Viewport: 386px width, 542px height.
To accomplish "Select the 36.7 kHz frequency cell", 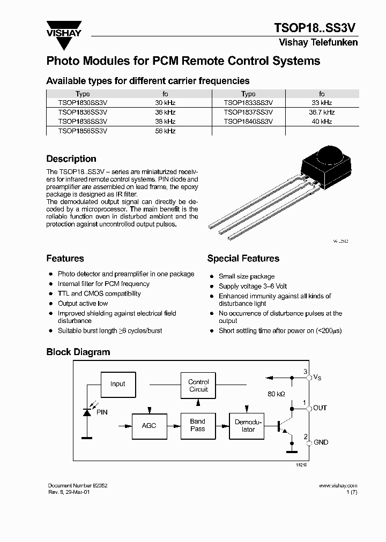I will coord(322,112).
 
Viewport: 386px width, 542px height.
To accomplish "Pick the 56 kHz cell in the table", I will coord(166,131).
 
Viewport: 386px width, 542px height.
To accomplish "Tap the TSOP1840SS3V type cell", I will coord(248,122).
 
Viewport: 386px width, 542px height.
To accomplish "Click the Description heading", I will coord(71,159).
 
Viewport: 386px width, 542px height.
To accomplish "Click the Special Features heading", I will coord(243,259).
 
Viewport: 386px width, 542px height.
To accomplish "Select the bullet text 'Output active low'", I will coord(83,304).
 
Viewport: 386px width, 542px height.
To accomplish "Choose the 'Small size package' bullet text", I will coord(247,276).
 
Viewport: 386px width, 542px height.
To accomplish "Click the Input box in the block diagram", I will coord(117,384).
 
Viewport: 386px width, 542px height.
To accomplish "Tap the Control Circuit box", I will coord(198,386).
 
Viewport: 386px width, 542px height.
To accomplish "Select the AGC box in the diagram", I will coord(149,425).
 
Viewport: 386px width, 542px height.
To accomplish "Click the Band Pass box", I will coord(198,425).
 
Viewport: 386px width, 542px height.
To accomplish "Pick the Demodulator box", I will coord(248,425).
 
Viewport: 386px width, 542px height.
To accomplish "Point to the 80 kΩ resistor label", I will coord(276,394).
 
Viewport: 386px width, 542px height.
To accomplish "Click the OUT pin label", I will coord(320,408).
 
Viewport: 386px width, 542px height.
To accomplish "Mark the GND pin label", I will coord(321,442).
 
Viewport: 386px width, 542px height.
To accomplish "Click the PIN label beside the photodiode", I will coord(101,412).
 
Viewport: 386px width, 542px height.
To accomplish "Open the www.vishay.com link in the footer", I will coord(338,486).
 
